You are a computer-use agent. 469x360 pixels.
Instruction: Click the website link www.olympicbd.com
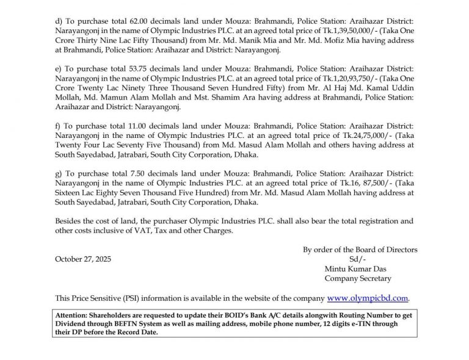[x=368, y=298]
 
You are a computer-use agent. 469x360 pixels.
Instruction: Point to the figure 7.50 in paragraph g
[x=120, y=174]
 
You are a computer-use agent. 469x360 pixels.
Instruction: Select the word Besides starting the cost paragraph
[x=69, y=220]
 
